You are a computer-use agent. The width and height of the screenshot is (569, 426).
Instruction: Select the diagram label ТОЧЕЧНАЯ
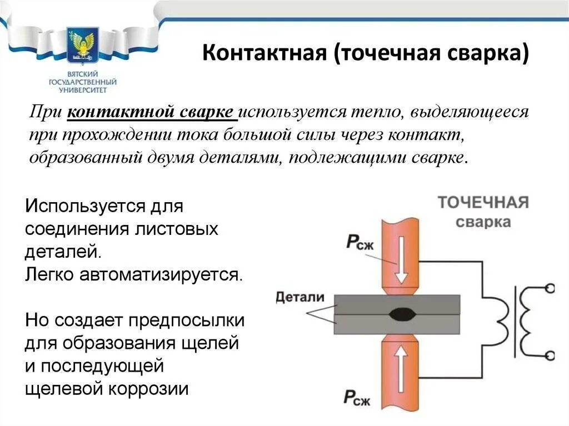coord(482,202)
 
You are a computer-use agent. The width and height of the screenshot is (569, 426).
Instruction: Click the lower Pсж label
coord(356,397)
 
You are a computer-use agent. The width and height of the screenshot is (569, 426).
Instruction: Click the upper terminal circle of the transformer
coord(550,288)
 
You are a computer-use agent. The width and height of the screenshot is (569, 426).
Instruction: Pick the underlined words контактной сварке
coord(152,112)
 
